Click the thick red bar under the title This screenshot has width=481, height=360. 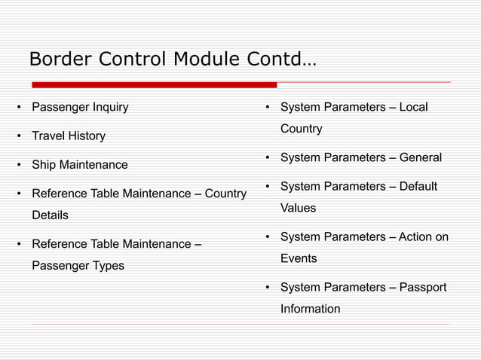[x=154, y=84]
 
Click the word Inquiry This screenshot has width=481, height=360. [x=110, y=107]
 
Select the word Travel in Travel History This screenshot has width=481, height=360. [x=47, y=136]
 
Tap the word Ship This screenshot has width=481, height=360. [x=44, y=165]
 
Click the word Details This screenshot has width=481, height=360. [x=50, y=215]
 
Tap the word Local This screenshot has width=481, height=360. [x=413, y=107]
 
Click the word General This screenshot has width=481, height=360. [x=420, y=158]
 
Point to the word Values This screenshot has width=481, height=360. [x=298, y=208]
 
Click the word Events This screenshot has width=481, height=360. [x=299, y=258]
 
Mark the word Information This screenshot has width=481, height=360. [x=310, y=309]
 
